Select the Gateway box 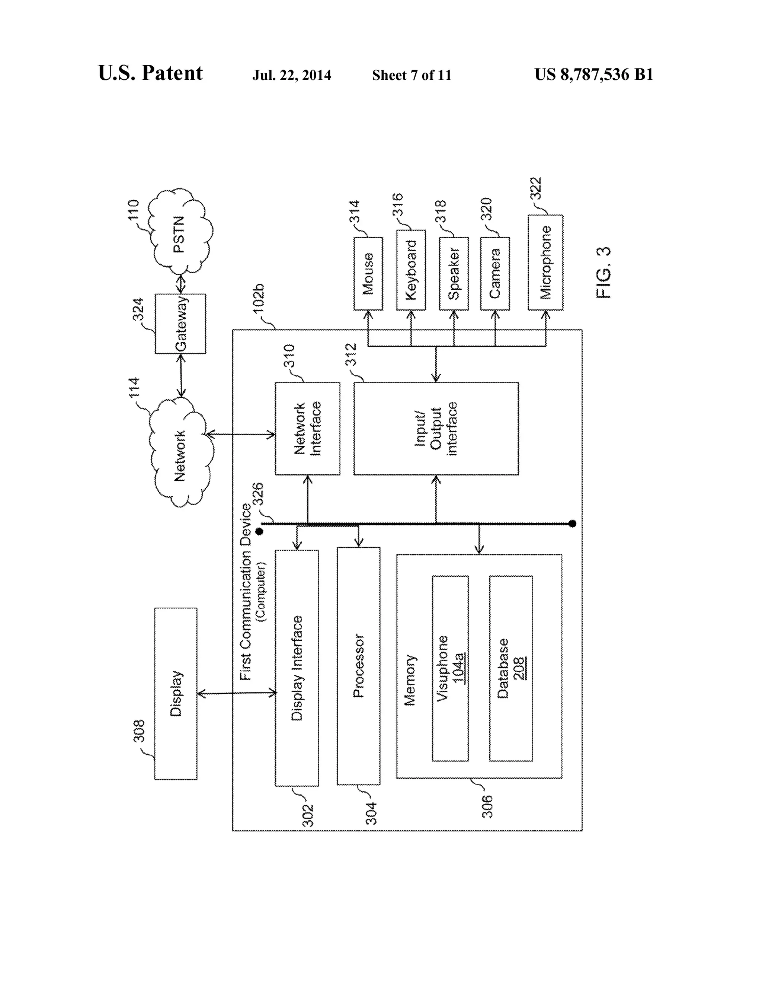point(180,324)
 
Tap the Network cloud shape point(180,455)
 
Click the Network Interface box point(307,429)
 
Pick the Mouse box point(368,274)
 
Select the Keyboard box point(411,270)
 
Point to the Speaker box point(454,274)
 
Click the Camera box point(495,274)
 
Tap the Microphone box point(545,263)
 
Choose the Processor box point(359,666)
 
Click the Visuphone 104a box point(450,668)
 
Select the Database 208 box point(511,668)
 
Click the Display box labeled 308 point(176,694)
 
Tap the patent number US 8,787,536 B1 point(594,75)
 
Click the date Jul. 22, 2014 point(291,75)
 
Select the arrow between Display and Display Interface point(237,693)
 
